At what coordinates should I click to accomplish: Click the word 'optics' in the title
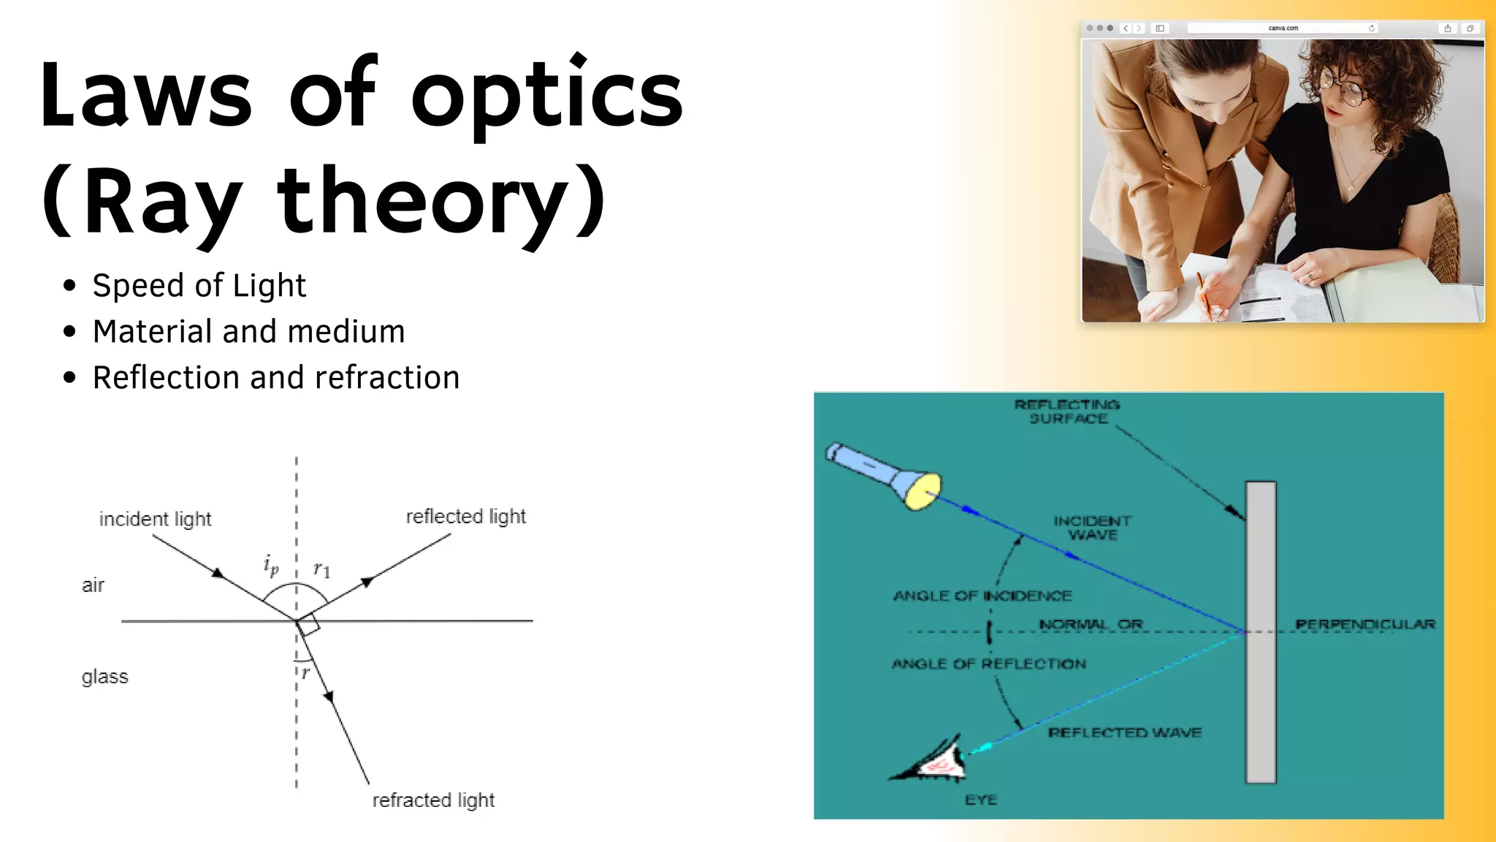546,95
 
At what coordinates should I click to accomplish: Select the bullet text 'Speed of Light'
199,285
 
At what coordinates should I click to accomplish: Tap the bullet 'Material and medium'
248,331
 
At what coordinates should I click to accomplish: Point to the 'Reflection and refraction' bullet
276,377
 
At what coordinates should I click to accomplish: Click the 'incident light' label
155,519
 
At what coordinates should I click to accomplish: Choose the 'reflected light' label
465,516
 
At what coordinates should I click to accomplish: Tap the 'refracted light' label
433,800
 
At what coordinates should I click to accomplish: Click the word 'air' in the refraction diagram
93,585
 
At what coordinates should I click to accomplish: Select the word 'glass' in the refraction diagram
104,676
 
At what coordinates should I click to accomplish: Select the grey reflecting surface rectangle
1261,632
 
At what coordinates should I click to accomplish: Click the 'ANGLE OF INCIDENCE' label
982,596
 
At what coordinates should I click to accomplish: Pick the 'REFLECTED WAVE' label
1125,732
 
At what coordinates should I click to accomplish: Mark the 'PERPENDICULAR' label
1365,624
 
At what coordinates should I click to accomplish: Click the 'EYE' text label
980,800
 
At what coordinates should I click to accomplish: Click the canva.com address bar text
1283,29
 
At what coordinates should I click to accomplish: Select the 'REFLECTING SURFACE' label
1067,411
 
